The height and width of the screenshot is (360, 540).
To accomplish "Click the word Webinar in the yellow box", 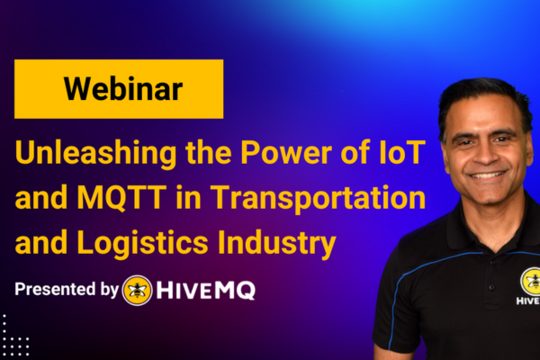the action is coord(123,89).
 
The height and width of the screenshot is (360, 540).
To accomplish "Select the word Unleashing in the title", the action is coord(95,153).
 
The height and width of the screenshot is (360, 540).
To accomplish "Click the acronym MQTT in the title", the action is coord(121,197).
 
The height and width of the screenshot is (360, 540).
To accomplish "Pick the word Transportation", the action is coord(318,198).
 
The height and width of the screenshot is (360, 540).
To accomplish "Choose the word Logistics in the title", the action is coord(142,244).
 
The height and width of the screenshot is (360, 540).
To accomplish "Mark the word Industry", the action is coord(277,244).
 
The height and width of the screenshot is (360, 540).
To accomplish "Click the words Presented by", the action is coord(67,290).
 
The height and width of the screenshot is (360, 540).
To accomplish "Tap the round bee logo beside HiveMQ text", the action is coord(137,291).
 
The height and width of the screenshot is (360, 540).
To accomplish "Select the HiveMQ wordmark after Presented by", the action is coord(205,291).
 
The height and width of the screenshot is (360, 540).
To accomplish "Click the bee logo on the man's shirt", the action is coord(531,281).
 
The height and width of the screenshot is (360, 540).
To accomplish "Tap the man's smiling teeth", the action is coord(487,175).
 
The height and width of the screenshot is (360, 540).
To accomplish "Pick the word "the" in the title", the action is coord(209,152).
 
